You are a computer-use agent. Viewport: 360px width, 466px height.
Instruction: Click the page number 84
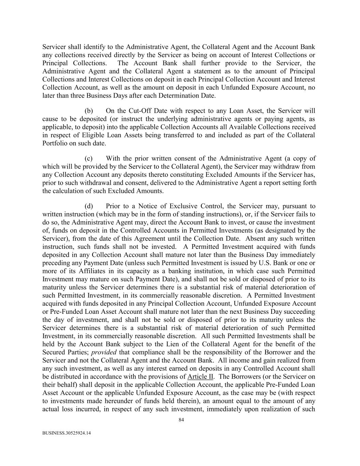(x=181, y=420)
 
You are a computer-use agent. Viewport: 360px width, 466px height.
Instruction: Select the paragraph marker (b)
(x=89, y=111)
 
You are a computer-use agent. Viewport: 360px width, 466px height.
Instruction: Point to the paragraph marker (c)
(x=89, y=158)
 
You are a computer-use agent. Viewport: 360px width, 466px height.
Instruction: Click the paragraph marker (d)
(x=89, y=206)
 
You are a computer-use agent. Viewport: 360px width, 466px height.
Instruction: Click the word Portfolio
(x=55, y=143)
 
